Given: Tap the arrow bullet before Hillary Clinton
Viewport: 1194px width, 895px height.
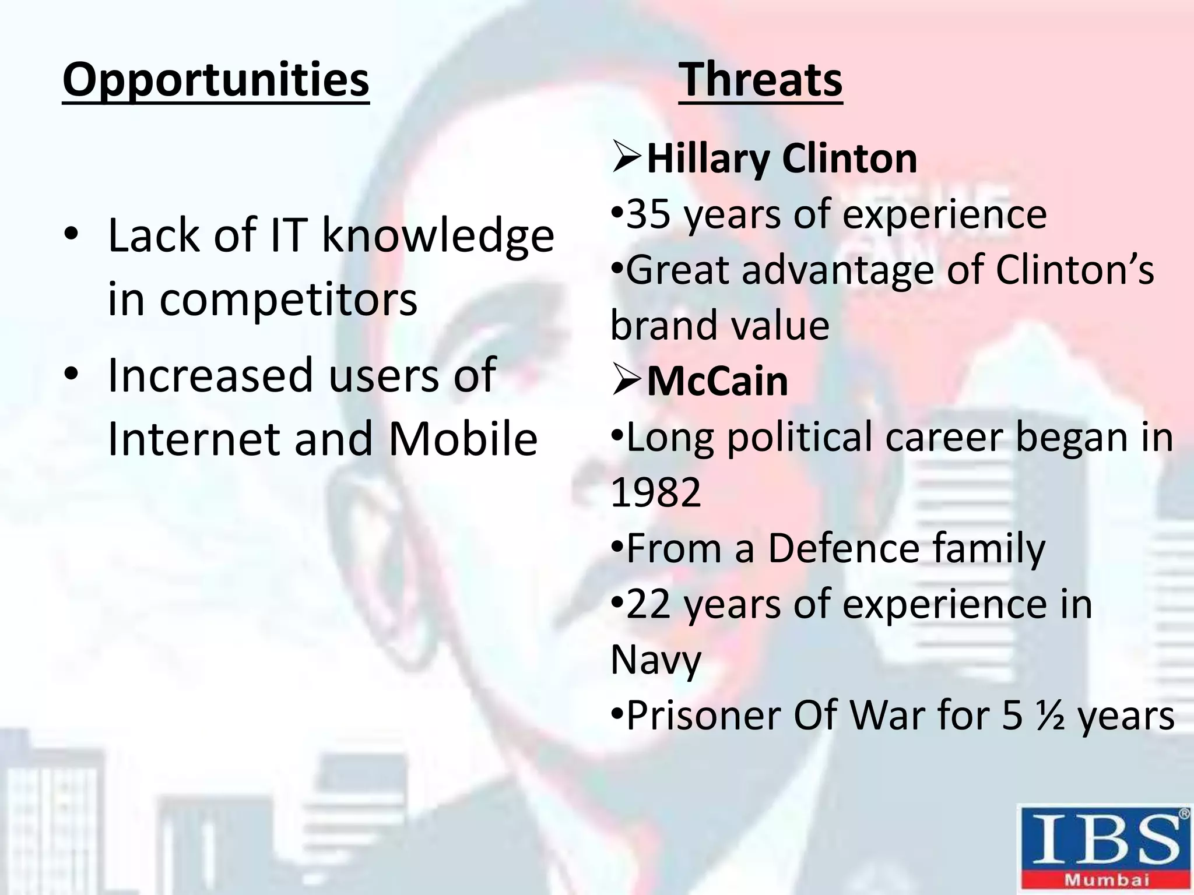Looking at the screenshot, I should point(627,158).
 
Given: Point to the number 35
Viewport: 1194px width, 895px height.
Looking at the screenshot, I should point(647,214).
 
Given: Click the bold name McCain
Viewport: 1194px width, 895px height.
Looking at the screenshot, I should point(717,382).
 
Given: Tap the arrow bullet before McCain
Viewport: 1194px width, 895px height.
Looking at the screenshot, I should point(627,382).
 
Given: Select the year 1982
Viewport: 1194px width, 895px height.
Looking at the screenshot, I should point(655,492).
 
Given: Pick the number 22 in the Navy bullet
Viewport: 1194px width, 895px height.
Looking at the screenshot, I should point(647,604).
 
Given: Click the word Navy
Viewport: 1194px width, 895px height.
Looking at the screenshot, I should point(655,660).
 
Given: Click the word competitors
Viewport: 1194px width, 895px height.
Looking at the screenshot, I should point(288,299).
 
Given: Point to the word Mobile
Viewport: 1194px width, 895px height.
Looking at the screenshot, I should point(462,439).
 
